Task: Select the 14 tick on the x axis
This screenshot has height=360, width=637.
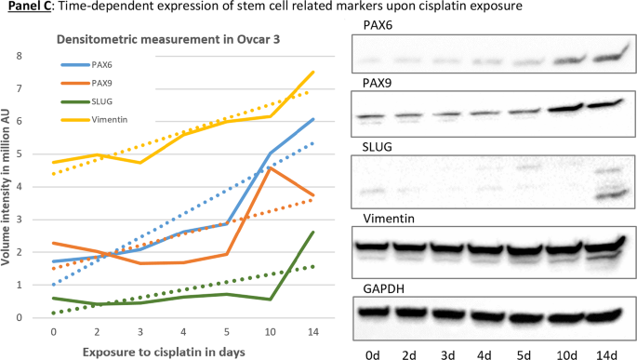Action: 312,331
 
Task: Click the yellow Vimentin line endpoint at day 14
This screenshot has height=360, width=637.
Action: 312,72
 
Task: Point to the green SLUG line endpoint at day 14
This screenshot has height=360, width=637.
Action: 312,232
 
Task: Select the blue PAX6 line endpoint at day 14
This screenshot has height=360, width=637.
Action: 312,119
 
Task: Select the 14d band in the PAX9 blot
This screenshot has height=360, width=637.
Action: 604,103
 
